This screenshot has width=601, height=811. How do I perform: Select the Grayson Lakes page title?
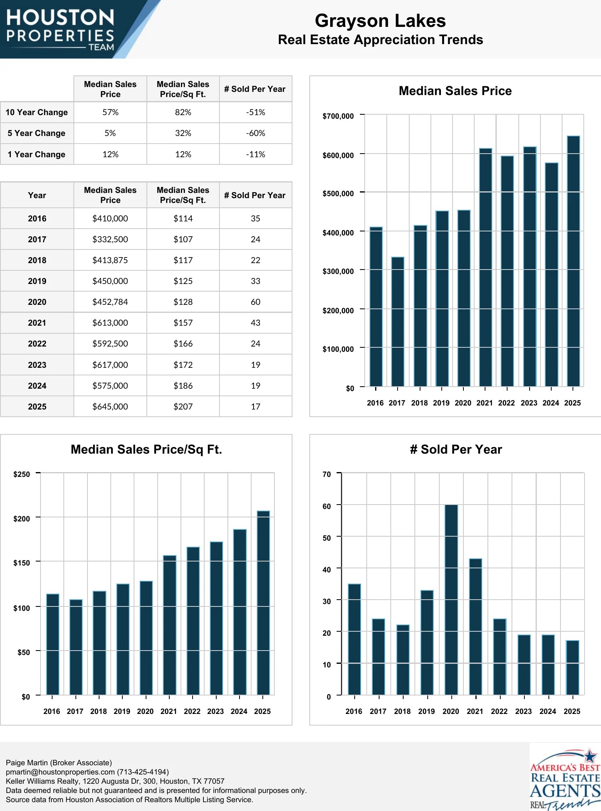click(x=380, y=21)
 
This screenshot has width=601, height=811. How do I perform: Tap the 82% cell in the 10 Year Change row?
click(x=183, y=112)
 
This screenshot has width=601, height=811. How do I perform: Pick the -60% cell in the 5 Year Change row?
click(x=256, y=133)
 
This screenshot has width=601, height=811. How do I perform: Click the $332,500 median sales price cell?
click(x=110, y=239)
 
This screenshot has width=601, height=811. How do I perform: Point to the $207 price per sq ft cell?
click(x=183, y=407)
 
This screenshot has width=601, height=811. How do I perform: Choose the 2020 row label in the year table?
click(x=37, y=302)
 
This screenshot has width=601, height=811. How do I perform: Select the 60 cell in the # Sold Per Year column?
click(x=256, y=302)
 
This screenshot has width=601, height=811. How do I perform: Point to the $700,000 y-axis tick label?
click(x=338, y=116)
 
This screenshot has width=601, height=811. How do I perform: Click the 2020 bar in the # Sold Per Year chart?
click(x=451, y=600)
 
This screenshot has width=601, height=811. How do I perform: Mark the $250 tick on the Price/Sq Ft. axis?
click(x=22, y=474)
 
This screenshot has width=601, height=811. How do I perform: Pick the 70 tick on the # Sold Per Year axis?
click(x=327, y=474)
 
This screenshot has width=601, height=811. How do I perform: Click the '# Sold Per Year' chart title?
click(x=456, y=450)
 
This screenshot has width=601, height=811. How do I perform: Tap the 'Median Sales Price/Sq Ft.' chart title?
click(x=146, y=450)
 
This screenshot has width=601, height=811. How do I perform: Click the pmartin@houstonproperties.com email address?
click(x=60, y=772)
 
